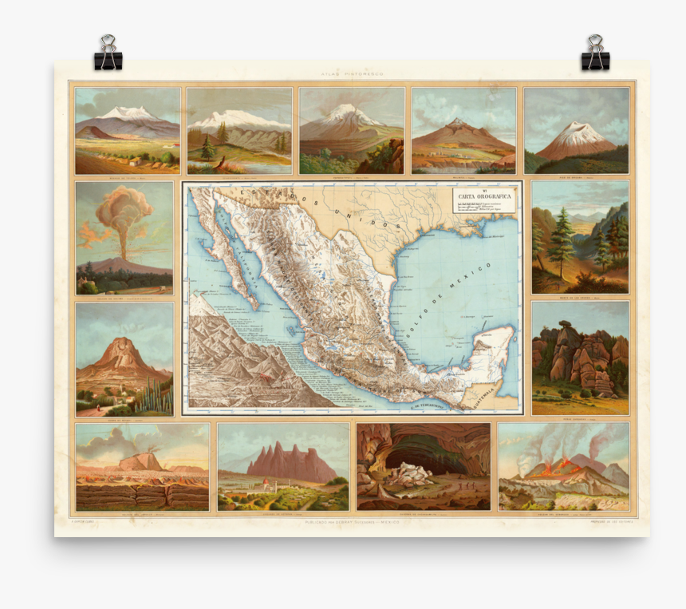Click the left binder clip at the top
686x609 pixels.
[108, 53]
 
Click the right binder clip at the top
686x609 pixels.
[594, 53]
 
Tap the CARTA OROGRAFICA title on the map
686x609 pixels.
[483, 195]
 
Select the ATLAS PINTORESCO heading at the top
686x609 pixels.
[351, 74]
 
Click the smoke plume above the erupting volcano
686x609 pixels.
[123, 210]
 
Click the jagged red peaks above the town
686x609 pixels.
[290, 462]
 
